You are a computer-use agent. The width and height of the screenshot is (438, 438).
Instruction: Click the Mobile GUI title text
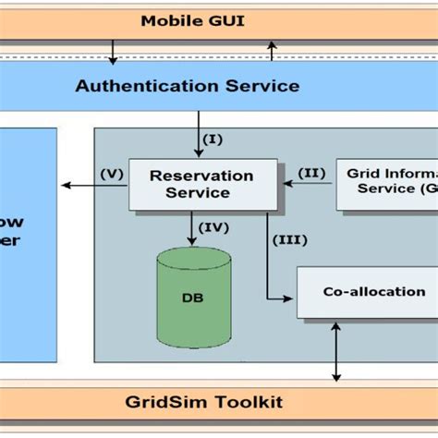192,20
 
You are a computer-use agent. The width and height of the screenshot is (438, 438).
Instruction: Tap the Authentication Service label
187,86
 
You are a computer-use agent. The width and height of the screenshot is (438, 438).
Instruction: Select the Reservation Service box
202,184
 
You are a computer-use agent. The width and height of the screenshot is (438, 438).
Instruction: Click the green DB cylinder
193,298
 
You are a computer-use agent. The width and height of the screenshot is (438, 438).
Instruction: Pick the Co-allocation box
367,292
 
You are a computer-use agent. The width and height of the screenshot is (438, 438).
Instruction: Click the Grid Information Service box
386,182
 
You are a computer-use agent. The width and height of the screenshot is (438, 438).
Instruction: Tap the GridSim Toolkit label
205,402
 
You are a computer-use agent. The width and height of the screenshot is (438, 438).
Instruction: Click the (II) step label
311,172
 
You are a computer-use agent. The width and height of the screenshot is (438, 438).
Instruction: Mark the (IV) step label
216,225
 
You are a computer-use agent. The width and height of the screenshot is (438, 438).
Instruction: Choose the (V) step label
112,172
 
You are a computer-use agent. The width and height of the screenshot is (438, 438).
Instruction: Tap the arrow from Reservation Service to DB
193,228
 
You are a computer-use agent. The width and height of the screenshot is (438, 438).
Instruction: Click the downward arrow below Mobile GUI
113,52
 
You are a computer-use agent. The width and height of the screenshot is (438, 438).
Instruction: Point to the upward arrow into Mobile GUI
271,51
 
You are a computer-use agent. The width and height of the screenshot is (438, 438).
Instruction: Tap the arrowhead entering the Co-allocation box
289,298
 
